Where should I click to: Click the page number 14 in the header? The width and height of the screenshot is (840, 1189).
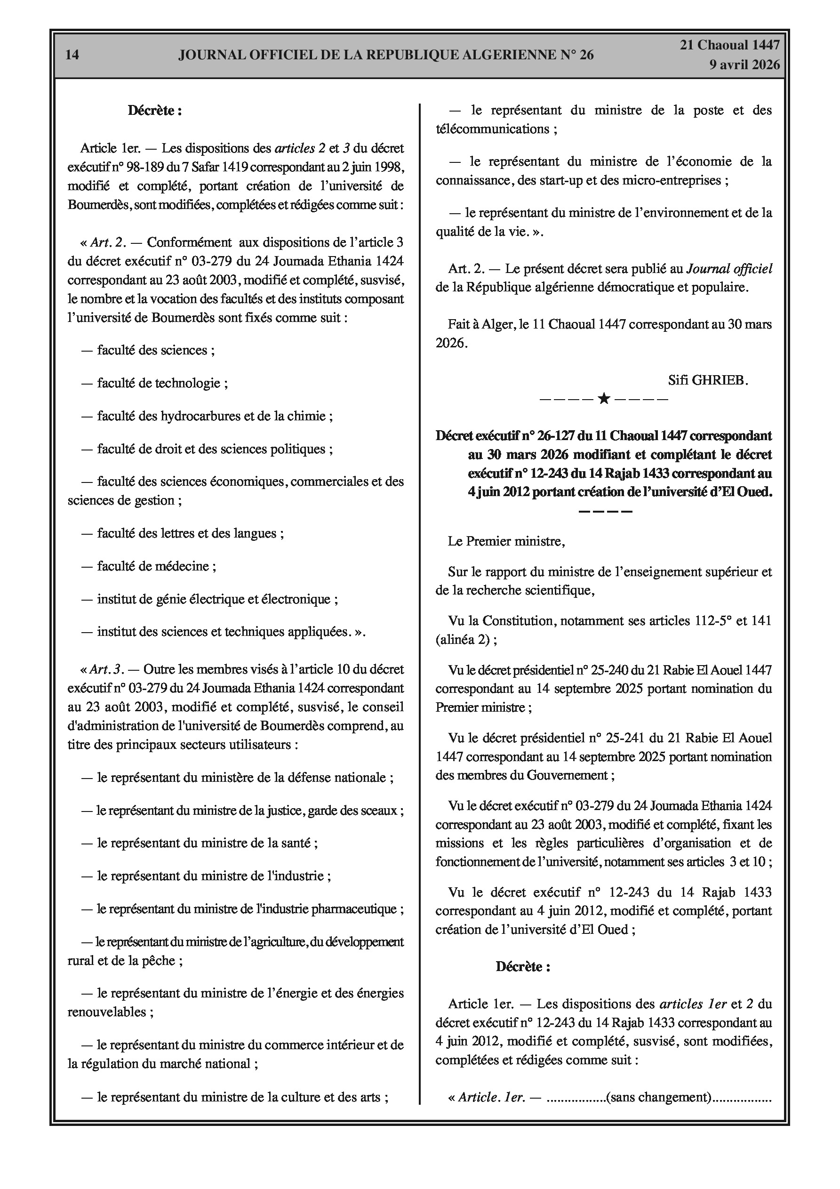coord(72,55)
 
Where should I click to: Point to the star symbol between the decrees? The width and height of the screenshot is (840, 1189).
coord(603,399)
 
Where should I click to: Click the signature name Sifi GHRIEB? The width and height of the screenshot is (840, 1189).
coord(708,380)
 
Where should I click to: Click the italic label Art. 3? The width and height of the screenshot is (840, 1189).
coord(107,669)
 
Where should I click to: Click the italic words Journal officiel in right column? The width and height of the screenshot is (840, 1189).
coord(729,268)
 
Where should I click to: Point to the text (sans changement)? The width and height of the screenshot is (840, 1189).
coord(659,1097)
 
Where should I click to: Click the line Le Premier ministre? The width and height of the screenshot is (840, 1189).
coord(506,541)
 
